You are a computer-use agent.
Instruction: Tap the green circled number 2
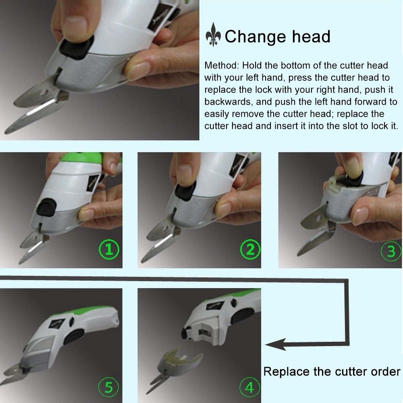250,250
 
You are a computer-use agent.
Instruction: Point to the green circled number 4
249,388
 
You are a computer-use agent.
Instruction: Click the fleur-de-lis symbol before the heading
214,37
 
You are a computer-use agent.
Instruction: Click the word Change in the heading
254,37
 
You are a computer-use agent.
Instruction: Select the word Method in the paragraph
220,65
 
